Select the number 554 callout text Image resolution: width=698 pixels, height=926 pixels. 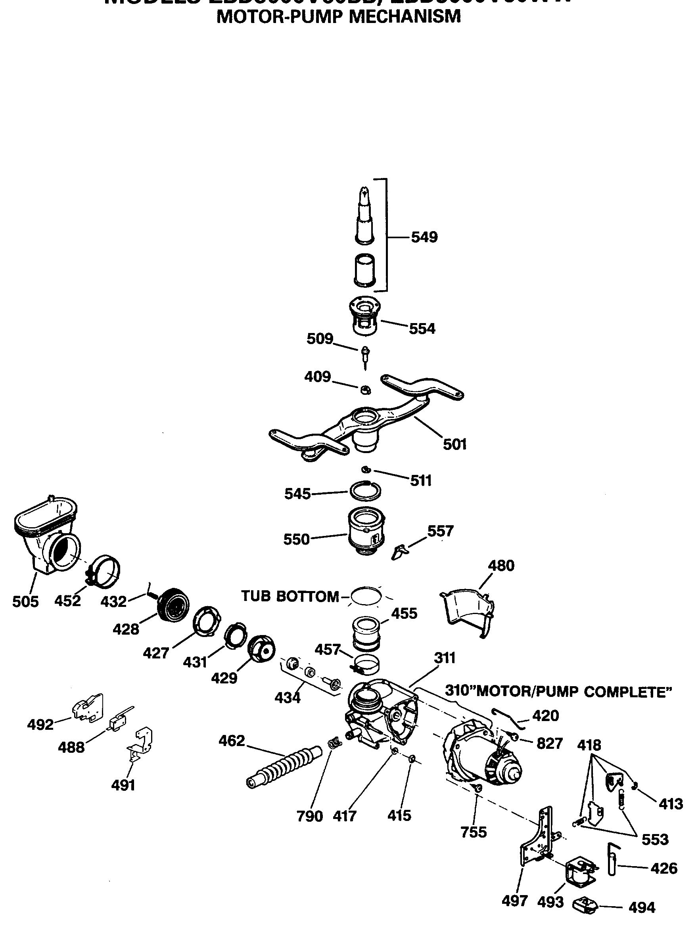click(x=422, y=329)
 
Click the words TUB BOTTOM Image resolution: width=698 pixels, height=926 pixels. click(x=290, y=596)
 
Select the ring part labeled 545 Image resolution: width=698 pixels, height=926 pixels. click(x=365, y=491)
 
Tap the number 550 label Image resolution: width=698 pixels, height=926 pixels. click(x=296, y=539)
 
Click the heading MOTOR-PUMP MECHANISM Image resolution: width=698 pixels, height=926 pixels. click(x=338, y=17)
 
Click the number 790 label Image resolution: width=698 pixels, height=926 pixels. click(x=309, y=816)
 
